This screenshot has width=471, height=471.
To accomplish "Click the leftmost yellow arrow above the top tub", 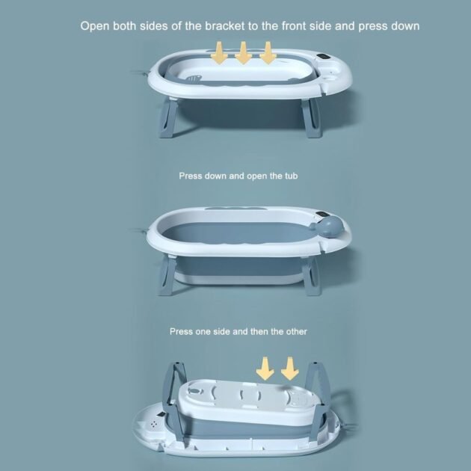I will [x=219, y=52].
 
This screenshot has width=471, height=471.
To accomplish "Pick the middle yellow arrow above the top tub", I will [x=243, y=52].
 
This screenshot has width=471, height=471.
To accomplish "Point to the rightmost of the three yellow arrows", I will [x=268, y=52].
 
